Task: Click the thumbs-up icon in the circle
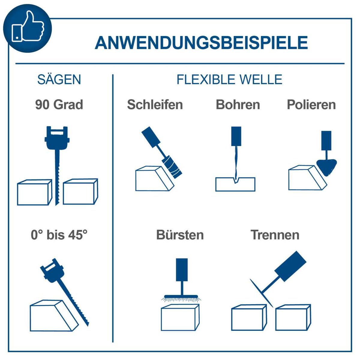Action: point(28,26)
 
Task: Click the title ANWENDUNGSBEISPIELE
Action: point(201,43)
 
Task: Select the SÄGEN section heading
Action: point(59,79)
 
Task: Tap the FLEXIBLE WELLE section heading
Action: point(229,80)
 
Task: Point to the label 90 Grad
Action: point(59,105)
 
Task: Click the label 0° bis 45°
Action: point(59,235)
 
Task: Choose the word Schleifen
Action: point(155,105)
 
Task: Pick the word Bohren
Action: point(238,105)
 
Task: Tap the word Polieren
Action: point(311,105)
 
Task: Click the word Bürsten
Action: point(180,235)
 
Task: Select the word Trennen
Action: point(275,235)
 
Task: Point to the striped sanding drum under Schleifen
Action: point(172,167)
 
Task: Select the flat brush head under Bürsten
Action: point(181,297)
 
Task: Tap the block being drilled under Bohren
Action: point(235,184)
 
